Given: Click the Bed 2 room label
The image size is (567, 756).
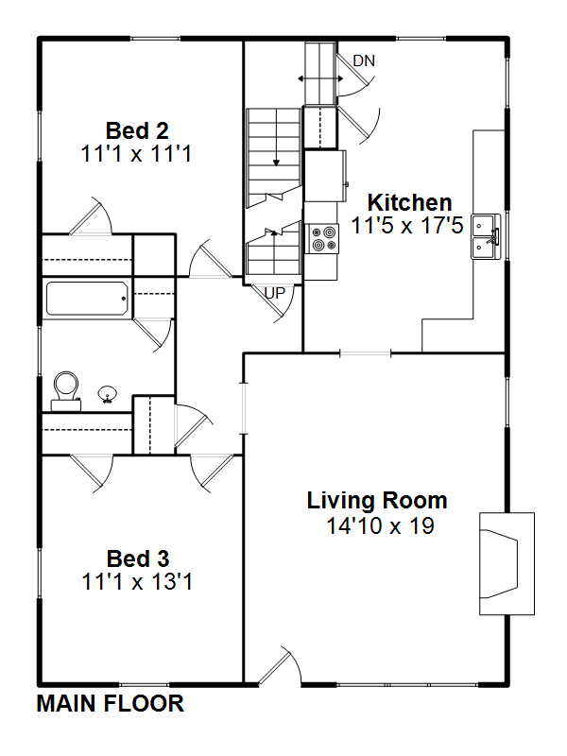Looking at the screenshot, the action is point(137,130).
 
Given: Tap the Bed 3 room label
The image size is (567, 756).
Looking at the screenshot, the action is point(138,558).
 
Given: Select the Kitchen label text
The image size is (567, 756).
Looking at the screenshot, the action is point(409,202).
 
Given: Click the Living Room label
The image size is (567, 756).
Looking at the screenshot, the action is point(377,501).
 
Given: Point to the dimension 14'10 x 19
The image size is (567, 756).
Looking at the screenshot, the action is point(381,525).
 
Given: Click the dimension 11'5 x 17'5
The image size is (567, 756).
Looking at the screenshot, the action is point(407,225).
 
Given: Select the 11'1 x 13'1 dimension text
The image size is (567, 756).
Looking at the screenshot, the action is point(137,581).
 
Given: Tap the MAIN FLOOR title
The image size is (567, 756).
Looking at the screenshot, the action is point(111,703).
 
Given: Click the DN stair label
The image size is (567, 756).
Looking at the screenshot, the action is point(364,60).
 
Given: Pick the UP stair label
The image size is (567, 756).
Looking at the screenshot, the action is point(275,293).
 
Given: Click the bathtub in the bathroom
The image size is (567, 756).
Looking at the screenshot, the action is point(87,299).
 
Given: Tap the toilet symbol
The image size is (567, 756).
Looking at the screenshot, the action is point(66,391).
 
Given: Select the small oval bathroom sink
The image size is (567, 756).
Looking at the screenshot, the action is point(107,394).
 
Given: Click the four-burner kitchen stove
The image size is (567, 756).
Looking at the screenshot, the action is point(322,239).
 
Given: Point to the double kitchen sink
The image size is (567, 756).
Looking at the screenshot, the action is point(487,237).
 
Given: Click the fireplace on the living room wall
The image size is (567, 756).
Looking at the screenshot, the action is point(507,563).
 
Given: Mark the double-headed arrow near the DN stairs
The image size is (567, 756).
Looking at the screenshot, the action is point(320,78).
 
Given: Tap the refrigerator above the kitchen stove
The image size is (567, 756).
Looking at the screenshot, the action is point(324,176).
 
